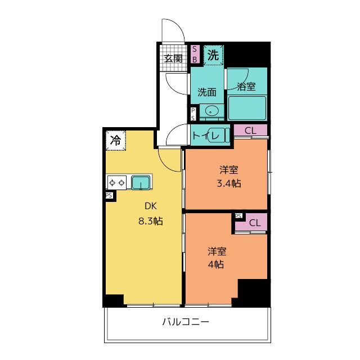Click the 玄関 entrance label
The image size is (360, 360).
[x=173, y=58]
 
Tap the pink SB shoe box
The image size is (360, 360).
[x=195, y=54]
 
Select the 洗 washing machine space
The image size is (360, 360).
[x=213, y=55]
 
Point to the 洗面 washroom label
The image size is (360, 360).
[x=207, y=92]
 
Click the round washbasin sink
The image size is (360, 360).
[x=210, y=111]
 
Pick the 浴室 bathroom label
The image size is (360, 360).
[x=246, y=87]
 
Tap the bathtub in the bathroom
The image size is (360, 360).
[x=247, y=108]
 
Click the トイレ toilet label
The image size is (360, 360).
[x=206, y=136]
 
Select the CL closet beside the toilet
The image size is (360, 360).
[x=250, y=130]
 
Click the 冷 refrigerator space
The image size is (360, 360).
[x=116, y=140]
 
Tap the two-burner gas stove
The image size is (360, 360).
[x=117, y=183]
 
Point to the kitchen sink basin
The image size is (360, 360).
[x=141, y=182]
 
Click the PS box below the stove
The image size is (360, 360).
[x=109, y=195]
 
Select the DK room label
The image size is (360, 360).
[x=151, y=206]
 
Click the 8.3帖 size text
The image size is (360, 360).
[x=151, y=221]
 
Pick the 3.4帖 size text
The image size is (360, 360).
[x=229, y=183]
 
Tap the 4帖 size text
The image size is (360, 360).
[x=216, y=264]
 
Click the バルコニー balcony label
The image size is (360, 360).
[x=186, y=321]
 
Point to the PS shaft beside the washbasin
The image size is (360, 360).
[x=193, y=114]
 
